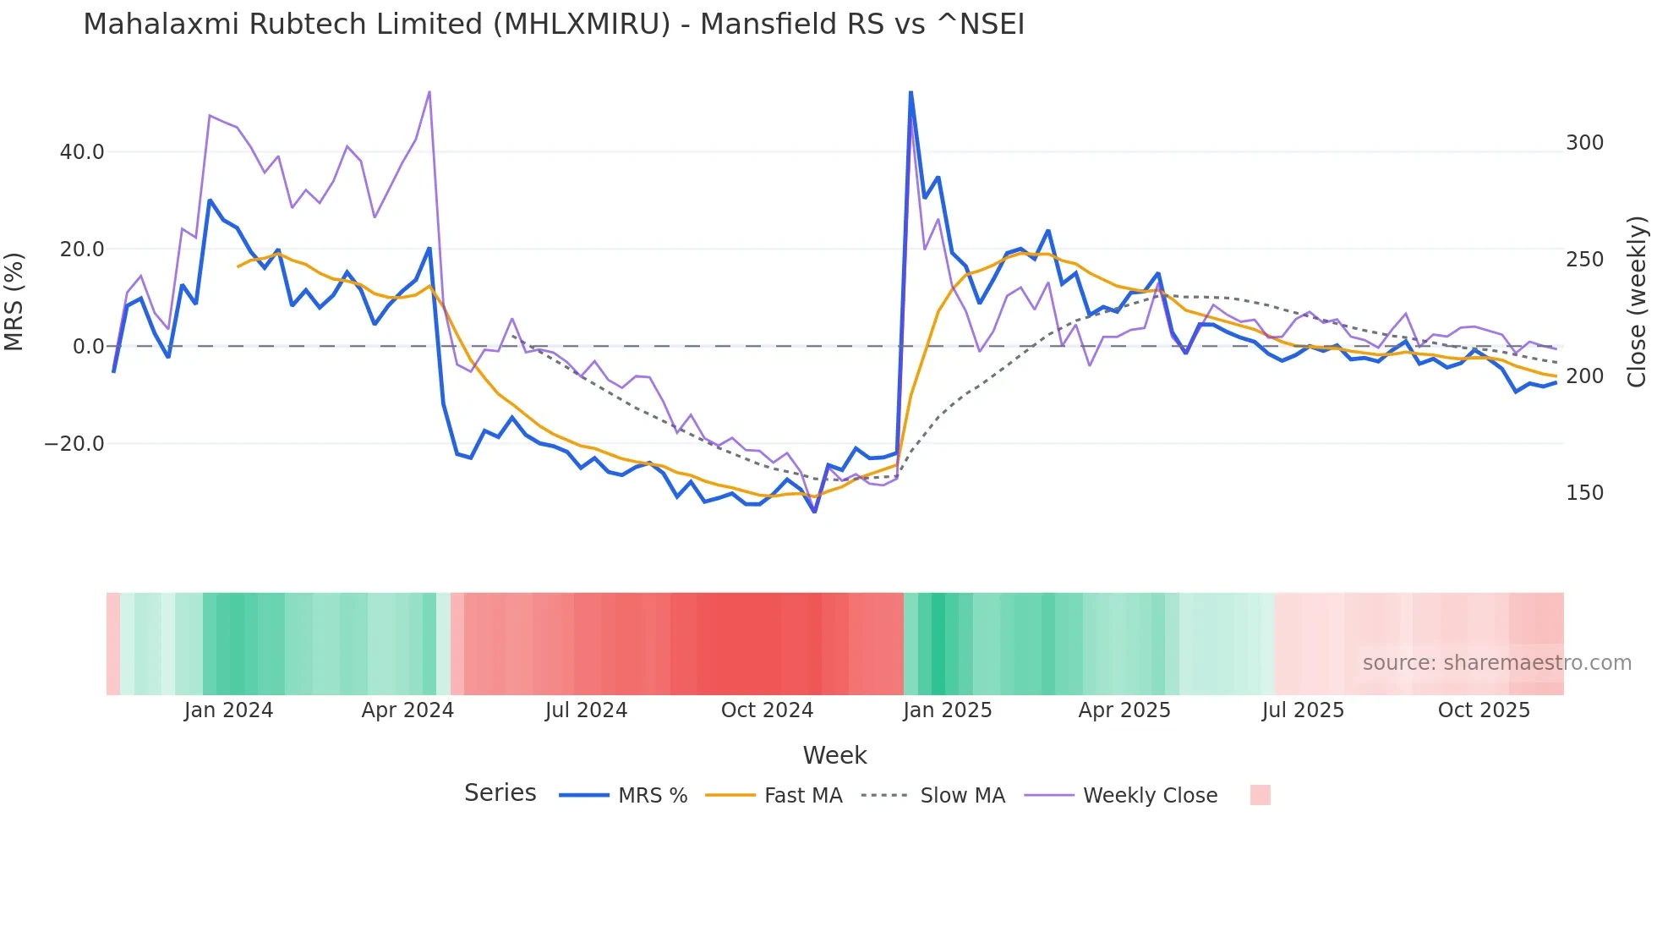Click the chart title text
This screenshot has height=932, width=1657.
pos(554,25)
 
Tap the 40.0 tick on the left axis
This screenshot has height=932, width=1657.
pos(82,152)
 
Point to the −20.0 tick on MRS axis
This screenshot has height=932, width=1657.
pos(74,444)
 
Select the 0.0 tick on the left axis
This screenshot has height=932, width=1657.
pos(88,347)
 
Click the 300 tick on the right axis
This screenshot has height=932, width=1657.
pos(1584,143)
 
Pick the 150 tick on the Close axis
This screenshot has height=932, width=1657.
pos(1584,493)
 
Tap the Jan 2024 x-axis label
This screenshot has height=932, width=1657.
pos(228,710)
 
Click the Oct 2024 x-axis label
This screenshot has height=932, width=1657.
pos(767,710)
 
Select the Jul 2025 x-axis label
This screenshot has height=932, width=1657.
pos(1303,710)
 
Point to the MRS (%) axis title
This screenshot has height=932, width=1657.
pos(14,302)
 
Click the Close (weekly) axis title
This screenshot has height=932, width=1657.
pos(1638,302)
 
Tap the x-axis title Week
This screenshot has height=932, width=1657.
pos(834,755)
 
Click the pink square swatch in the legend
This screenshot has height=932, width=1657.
pos(1260,795)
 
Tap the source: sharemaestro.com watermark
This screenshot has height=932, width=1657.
pos(1496,663)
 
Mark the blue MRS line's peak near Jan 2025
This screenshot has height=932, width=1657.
pos(911,92)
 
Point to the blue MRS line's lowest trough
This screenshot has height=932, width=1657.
pos(814,512)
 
